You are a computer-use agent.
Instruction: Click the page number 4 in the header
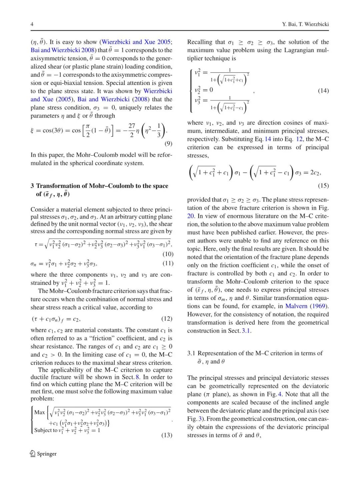click(32, 24)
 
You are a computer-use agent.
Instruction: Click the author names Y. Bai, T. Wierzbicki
click(305, 24)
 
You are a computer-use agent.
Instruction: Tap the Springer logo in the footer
click(43, 454)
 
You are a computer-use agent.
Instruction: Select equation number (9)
click(168, 144)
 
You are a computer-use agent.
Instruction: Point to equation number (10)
click(168, 254)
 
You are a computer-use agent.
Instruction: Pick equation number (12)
click(167, 319)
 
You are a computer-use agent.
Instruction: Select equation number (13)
click(167, 435)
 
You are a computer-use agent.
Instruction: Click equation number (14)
click(323, 90)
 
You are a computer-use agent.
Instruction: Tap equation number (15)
click(323, 185)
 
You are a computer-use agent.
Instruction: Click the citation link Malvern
click(296, 306)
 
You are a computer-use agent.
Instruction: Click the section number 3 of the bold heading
click(32, 186)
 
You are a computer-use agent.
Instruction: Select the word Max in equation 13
click(39, 412)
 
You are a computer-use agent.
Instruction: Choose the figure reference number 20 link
click(191, 216)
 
